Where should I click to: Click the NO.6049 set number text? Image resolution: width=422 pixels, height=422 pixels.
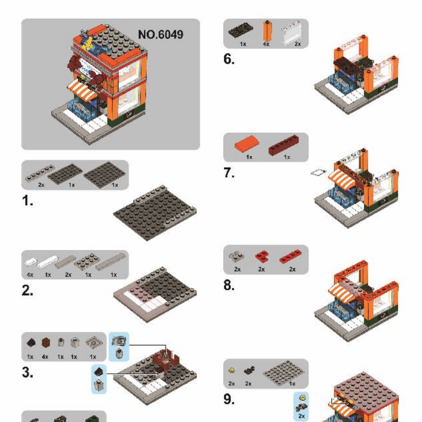(160, 34)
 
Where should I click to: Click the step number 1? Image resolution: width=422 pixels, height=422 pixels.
(27, 202)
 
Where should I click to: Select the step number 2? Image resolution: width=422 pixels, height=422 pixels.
(27, 291)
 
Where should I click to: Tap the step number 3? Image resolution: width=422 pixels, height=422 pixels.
(27, 373)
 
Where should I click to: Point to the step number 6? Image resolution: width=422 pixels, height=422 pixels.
(229, 59)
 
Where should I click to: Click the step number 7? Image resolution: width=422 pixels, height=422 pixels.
(229, 173)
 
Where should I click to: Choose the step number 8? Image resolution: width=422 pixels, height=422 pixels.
(229, 286)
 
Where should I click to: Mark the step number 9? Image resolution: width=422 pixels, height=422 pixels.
(229, 399)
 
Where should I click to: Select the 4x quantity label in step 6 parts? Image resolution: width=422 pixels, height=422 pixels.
(266, 44)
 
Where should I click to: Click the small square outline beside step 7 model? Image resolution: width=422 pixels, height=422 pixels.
(318, 172)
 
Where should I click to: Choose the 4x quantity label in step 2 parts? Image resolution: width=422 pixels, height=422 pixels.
(30, 275)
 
